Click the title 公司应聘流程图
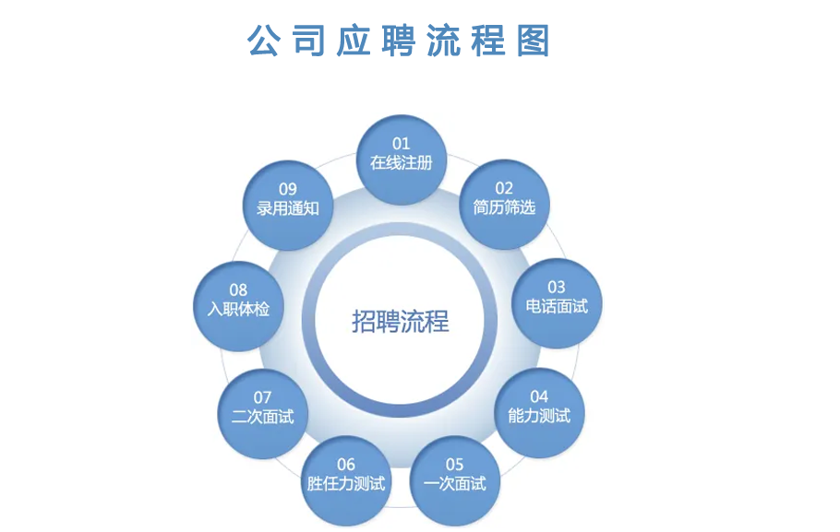pos(398,41)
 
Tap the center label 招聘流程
pos(401,321)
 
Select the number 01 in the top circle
pos(402,144)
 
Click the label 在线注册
pos(402,162)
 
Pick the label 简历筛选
pos(504,207)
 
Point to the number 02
pos(504,188)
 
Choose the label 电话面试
pos(557,306)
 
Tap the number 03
pos(557,287)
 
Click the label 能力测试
pos(539,416)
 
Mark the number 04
pos(539,396)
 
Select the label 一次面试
pos(455,484)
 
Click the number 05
pos(455,465)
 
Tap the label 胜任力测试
pos(346,484)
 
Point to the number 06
pos(346,465)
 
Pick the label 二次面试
pos(262,417)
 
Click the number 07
pos(262,397)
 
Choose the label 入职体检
pos(238,309)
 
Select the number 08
pos(238,290)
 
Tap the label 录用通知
pos(288,208)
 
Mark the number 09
pos(288,189)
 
